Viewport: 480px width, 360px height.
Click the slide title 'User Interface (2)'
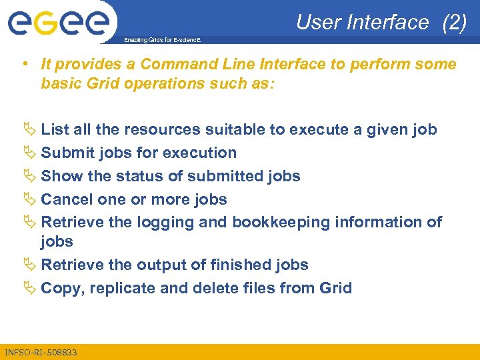click(x=381, y=23)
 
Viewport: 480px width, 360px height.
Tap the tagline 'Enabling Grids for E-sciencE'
click(x=163, y=41)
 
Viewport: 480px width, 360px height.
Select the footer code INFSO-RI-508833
click(x=41, y=352)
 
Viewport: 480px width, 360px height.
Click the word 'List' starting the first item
click(x=54, y=129)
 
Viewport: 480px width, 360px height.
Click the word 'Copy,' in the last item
click(x=62, y=288)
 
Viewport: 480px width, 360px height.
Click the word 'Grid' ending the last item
click(x=335, y=288)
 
